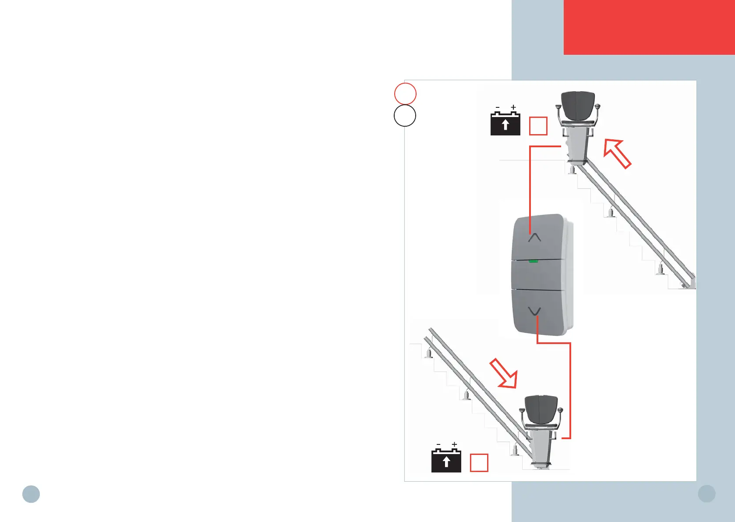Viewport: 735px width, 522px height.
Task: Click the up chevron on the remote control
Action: pos(534,238)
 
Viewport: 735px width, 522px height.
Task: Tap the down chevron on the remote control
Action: pos(534,311)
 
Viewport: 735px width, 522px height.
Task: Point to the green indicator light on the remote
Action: pos(533,261)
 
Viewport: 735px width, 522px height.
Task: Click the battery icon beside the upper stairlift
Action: pos(505,124)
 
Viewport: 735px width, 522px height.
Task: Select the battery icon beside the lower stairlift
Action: pos(446,461)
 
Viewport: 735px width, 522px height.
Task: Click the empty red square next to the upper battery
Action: pos(538,126)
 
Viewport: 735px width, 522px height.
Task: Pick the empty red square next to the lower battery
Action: pos(479,463)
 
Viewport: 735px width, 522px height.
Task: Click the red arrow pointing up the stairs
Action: pos(617,153)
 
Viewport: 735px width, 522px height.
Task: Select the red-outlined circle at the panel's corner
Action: pos(405,93)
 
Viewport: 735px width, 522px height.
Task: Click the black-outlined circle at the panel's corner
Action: pos(405,116)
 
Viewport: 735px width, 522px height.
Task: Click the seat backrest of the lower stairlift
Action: pos(541,409)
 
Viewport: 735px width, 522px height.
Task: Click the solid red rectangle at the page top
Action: pos(649,27)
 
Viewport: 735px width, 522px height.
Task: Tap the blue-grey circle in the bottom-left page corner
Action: pos(31,494)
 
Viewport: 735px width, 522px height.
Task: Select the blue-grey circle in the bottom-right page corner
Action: pos(707,494)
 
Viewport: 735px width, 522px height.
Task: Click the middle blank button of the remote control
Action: pos(537,275)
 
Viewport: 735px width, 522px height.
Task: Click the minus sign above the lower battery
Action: pos(438,445)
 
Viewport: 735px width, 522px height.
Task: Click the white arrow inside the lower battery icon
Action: pos(446,462)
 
